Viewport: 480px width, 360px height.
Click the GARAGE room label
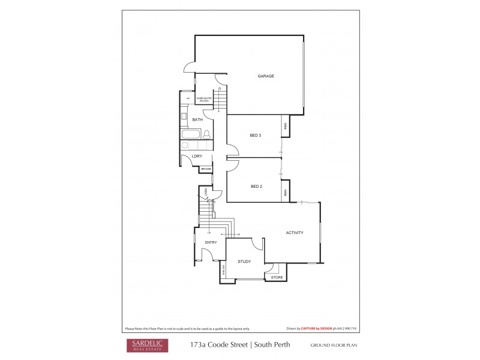pos(266,76)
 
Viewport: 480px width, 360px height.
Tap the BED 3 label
pos(255,136)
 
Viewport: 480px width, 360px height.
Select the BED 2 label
pos(256,187)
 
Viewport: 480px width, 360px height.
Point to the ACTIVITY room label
pos(294,233)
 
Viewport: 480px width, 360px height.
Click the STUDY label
pos(244,262)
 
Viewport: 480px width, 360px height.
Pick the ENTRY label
pos(211,242)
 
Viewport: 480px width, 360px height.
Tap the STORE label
pos(277,277)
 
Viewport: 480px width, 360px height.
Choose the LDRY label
pos(197,156)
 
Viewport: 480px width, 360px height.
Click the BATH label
pos(197,120)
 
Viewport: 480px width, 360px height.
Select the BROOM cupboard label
pos(206,169)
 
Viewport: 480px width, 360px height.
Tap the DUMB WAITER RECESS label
pos(205,98)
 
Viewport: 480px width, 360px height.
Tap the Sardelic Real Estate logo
pos(147,345)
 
